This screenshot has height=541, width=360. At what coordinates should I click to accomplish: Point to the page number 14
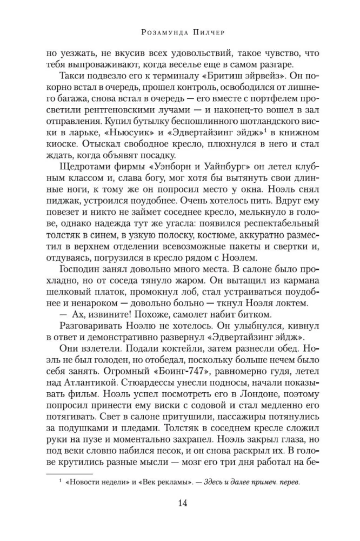tap(180, 504)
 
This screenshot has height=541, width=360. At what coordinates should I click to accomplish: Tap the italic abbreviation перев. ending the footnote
tap(287, 483)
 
